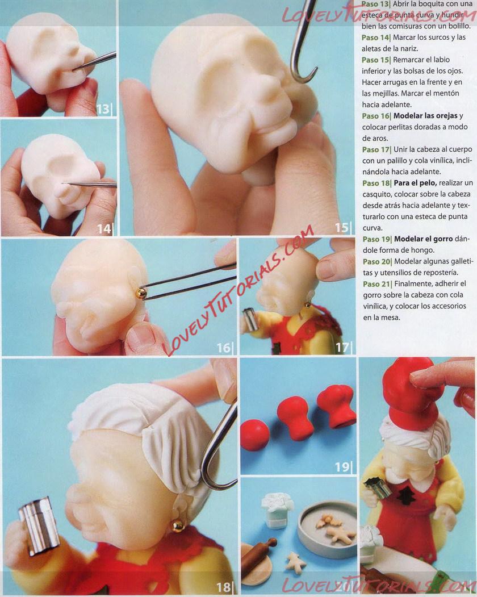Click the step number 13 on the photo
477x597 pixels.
tap(103, 109)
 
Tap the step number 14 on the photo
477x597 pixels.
tap(104, 228)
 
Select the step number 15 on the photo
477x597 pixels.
tap(341, 228)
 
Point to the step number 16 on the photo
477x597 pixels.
tap(224, 348)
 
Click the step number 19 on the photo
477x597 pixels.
tap(342, 466)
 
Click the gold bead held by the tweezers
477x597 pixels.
tap(140, 293)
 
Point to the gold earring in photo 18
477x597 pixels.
tap(177, 526)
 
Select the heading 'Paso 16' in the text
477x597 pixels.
tap(376, 116)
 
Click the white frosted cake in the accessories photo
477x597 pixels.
tap(278, 510)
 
